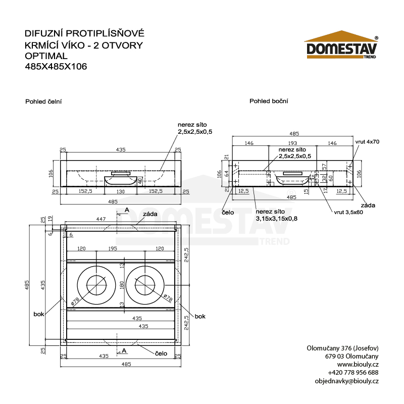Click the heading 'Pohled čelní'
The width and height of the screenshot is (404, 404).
pyautogui.click(x=43, y=102)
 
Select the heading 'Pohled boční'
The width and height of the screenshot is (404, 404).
pyautogui.click(x=269, y=101)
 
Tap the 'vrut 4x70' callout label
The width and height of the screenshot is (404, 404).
pyautogui.click(x=367, y=142)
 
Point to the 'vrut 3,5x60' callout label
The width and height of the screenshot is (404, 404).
pyautogui.click(x=348, y=212)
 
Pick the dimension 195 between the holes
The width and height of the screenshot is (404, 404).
pyautogui.click(x=113, y=249)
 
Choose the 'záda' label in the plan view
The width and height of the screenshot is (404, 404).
pyautogui.click(x=150, y=214)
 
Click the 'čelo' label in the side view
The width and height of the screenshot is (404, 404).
pyautogui.click(x=228, y=213)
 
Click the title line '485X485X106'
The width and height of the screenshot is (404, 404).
pyautogui.click(x=56, y=66)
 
